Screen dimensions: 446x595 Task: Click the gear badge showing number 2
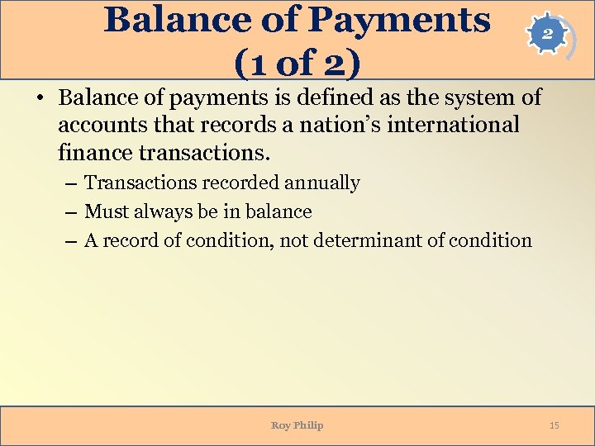tap(547, 36)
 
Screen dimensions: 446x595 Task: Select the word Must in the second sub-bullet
tap(105, 212)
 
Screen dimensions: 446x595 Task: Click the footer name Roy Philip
tap(297, 425)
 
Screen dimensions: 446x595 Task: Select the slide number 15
tap(554, 425)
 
